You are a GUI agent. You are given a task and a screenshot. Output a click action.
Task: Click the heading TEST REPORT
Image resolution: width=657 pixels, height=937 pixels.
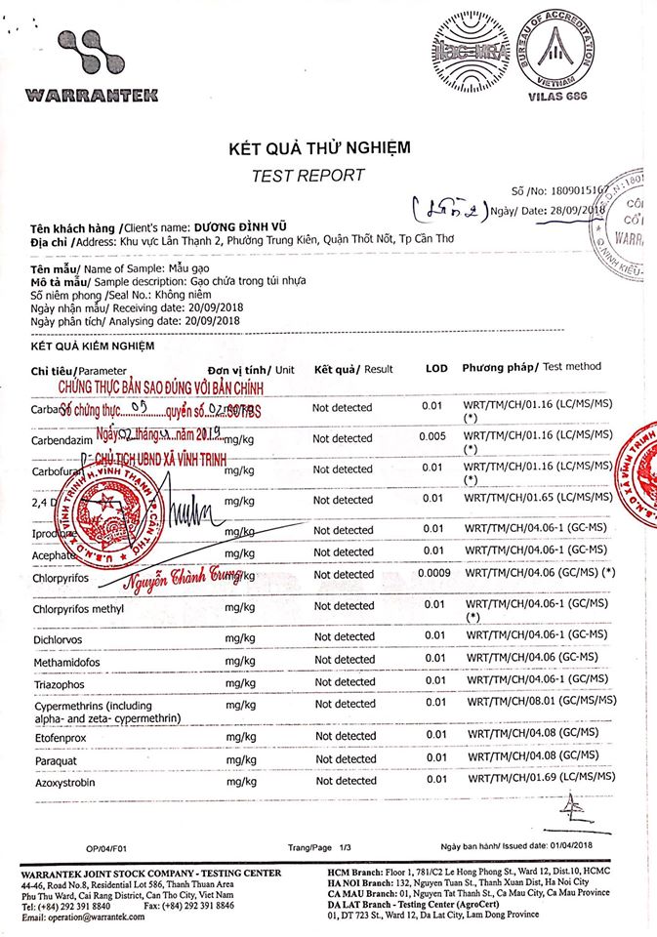(x=308, y=176)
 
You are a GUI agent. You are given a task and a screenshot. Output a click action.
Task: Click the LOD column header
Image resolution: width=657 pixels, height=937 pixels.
(x=435, y=369)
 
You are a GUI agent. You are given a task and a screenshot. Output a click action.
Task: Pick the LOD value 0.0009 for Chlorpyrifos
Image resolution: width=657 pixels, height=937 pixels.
(x=433, y=574)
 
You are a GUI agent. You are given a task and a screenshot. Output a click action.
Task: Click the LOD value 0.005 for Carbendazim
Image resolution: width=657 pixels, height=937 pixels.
(x=432, y=438)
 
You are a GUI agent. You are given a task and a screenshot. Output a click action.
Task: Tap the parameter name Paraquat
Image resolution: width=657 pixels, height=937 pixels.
(x=57, y=758)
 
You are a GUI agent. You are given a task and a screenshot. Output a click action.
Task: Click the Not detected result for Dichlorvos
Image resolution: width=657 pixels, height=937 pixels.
(x=343, y=637)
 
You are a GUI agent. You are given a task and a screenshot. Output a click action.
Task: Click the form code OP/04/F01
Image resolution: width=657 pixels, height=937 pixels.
(x=106, y=848)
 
